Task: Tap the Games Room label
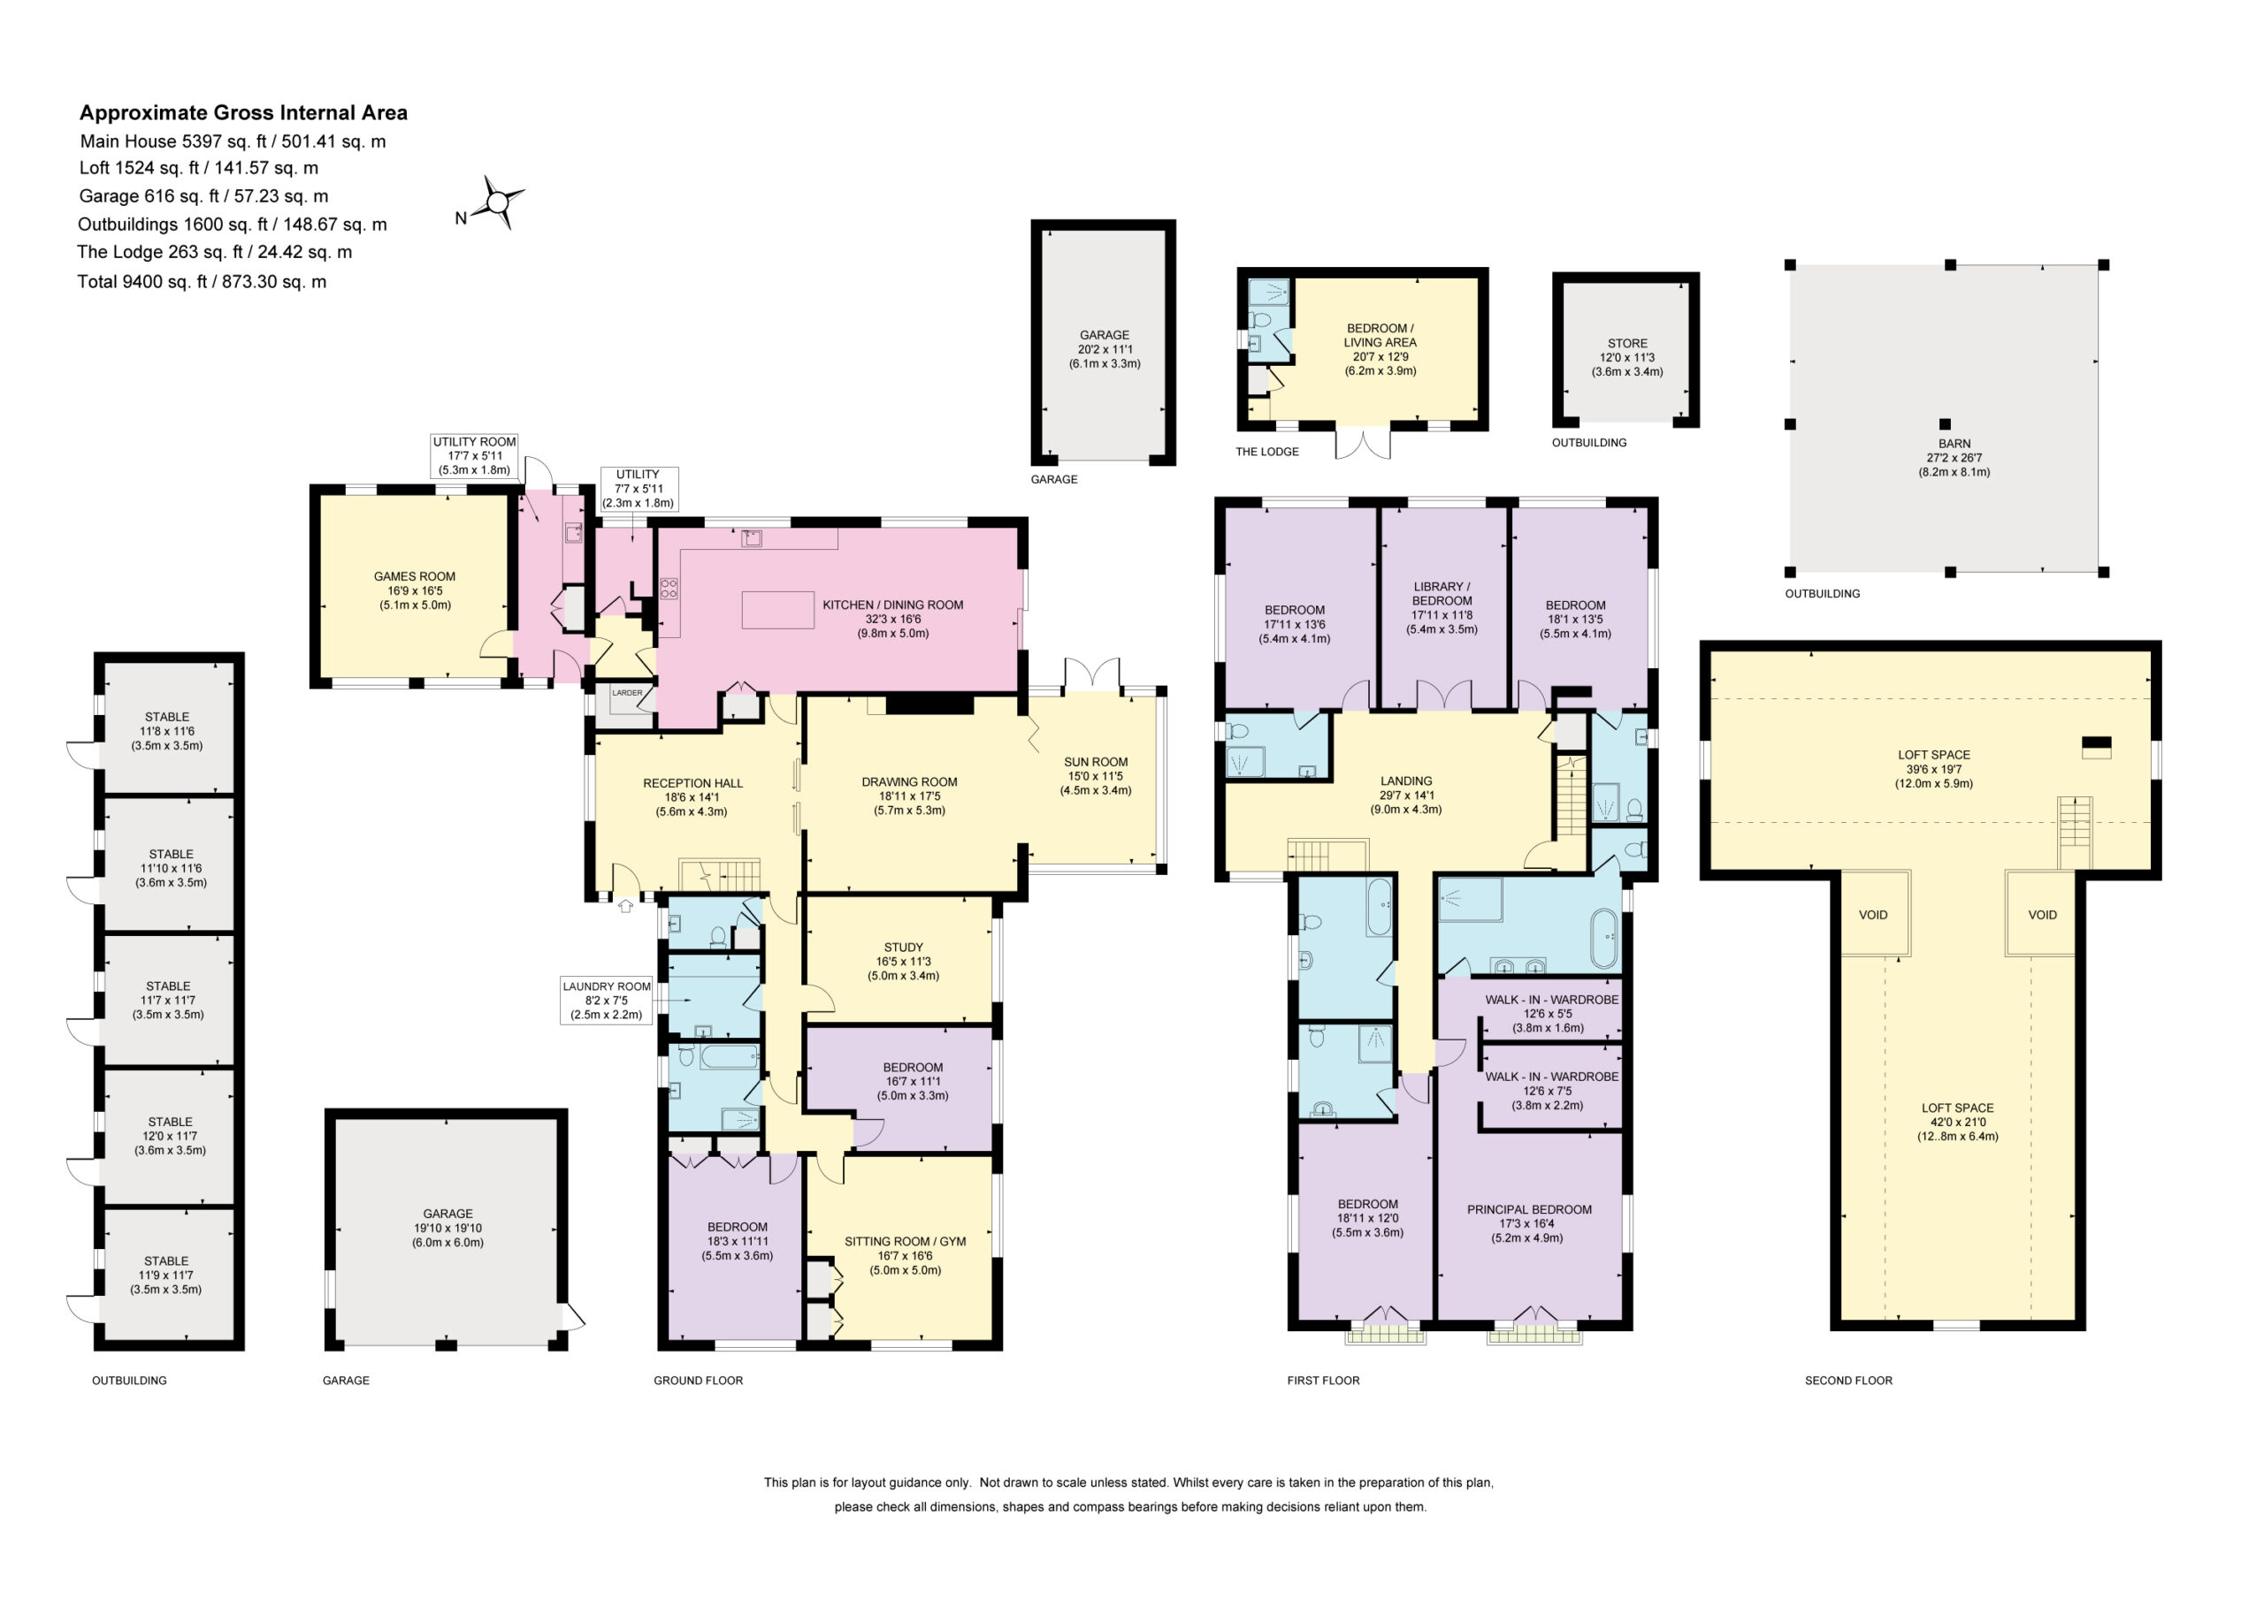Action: [414, 576]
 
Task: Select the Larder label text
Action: [627, 693]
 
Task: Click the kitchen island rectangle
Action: [778, 609]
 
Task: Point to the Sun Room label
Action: [1096, 762]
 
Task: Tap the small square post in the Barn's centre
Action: [1946, 425]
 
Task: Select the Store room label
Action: [1627, 343]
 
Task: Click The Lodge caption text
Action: [1267, 452]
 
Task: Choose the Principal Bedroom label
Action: [1529, 1209]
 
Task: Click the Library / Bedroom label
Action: [1442, 593]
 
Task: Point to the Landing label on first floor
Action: [1406, 780]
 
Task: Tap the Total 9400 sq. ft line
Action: [203, 282]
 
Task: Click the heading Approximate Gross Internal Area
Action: [243, 112]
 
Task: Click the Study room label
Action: [903, 948]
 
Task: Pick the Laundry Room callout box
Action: [607, 1001]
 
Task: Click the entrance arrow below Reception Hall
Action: [625, 905]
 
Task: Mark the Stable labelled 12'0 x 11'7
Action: [170, 1136]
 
